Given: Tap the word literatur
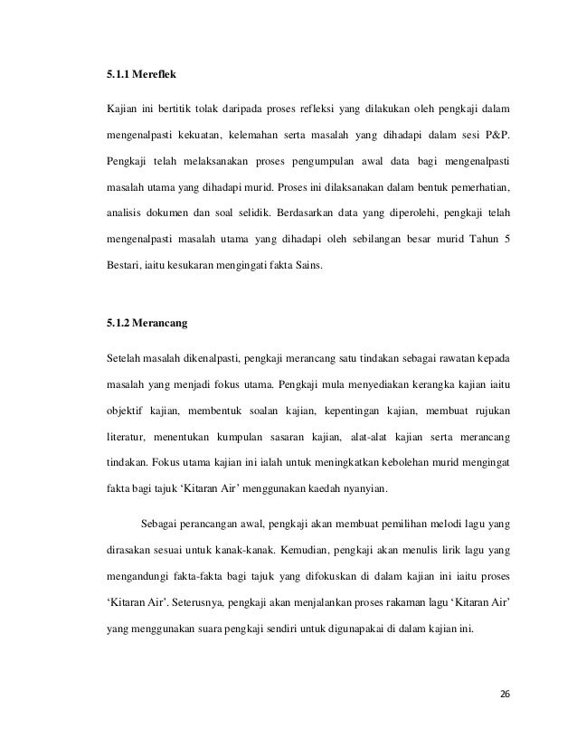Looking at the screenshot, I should pyautogui.click(x=127, y=438).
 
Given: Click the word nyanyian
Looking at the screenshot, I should pyautogui.click(x=358, y=490).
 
